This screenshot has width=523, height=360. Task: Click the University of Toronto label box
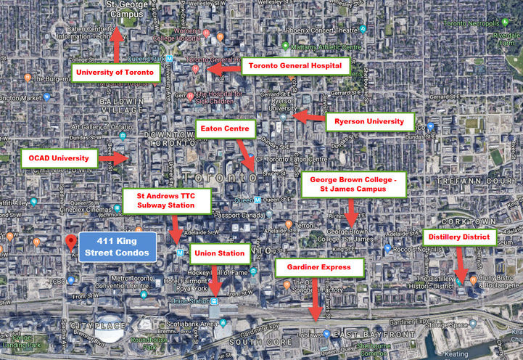(115, 72)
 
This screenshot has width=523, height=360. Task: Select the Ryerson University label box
(370, 121)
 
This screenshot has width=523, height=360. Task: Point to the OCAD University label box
(59, 157)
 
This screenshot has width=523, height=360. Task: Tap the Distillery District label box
(460, 237)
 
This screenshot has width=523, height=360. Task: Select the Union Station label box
(221, 255)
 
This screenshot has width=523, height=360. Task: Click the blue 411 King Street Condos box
(118, 247)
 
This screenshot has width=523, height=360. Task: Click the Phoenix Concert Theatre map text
(321, 31)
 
